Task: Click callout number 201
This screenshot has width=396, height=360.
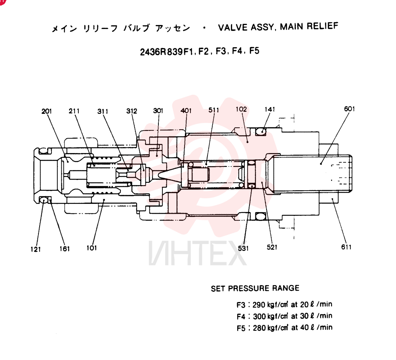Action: point(47,111)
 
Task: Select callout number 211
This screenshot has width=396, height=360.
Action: point(74,111)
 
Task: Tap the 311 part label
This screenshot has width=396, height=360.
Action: point(103,111)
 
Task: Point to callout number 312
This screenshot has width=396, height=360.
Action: point(131,111)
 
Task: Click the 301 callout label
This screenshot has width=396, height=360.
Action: point(158,111)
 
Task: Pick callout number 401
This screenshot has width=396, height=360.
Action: point(186,111)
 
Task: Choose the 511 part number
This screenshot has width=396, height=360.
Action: point(214,110)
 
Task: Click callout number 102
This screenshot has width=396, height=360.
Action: point(241,109)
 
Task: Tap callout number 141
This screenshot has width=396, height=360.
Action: point(270,109)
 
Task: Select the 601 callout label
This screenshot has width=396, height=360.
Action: point(350,109)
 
